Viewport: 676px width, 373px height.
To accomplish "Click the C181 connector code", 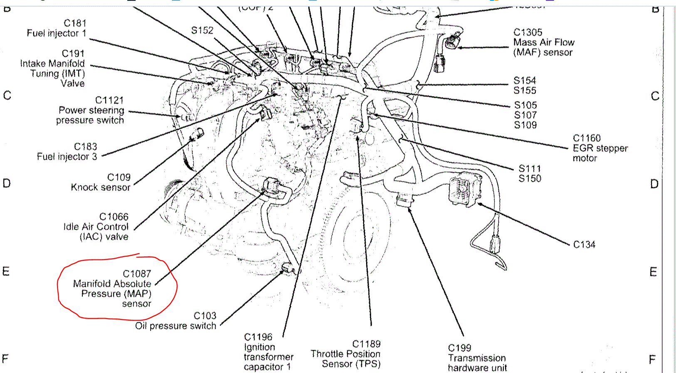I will click(x=75, y=23).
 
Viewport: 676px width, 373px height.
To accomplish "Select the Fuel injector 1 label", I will click(x=56, y=33).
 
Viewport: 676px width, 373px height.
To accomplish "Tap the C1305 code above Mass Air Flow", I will click(x=528, y=32).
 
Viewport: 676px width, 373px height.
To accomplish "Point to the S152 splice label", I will click(x=202, y=30).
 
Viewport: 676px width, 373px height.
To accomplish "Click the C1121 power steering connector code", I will click(x=109, y=100).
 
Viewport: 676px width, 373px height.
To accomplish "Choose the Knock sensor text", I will click(x=101, y=188).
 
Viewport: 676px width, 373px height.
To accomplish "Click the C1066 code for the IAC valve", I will click(x=114, y=217).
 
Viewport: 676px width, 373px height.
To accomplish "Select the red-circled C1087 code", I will click(x=137, y=274).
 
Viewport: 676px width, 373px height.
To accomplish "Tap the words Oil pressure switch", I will click(x=176, y=326).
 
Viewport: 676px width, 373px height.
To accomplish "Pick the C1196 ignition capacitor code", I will click(x=258, y=337).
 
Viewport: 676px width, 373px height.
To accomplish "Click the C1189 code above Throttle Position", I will click(x=366, y=344).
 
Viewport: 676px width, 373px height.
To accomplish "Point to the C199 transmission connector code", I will click(x=460, y=348).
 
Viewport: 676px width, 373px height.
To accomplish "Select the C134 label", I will click(x=584, y=245).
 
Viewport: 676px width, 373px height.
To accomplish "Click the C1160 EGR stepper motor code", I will click(x=587, y=138).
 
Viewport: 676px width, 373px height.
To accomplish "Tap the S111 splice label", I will click(x=530, y=168).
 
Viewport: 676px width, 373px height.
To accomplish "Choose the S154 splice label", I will click(x=525, y=81).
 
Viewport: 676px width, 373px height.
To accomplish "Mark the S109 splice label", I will click(x=525, y=125).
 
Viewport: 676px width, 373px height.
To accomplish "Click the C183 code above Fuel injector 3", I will click(x=85, y=147).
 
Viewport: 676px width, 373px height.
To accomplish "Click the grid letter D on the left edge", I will click(x=7, y=183).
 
